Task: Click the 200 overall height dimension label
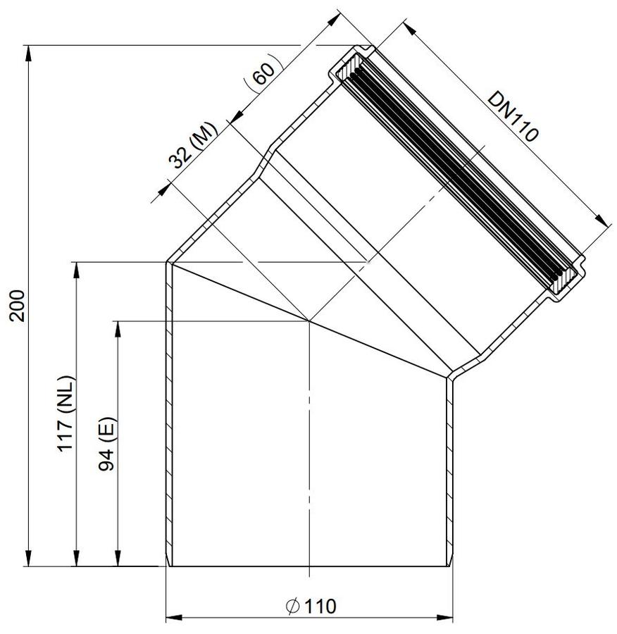(18, 305)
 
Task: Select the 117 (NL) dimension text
(66, 414)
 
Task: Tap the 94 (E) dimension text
(107, 444)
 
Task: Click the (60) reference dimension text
(263, 72)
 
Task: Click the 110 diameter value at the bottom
(320, 607)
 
